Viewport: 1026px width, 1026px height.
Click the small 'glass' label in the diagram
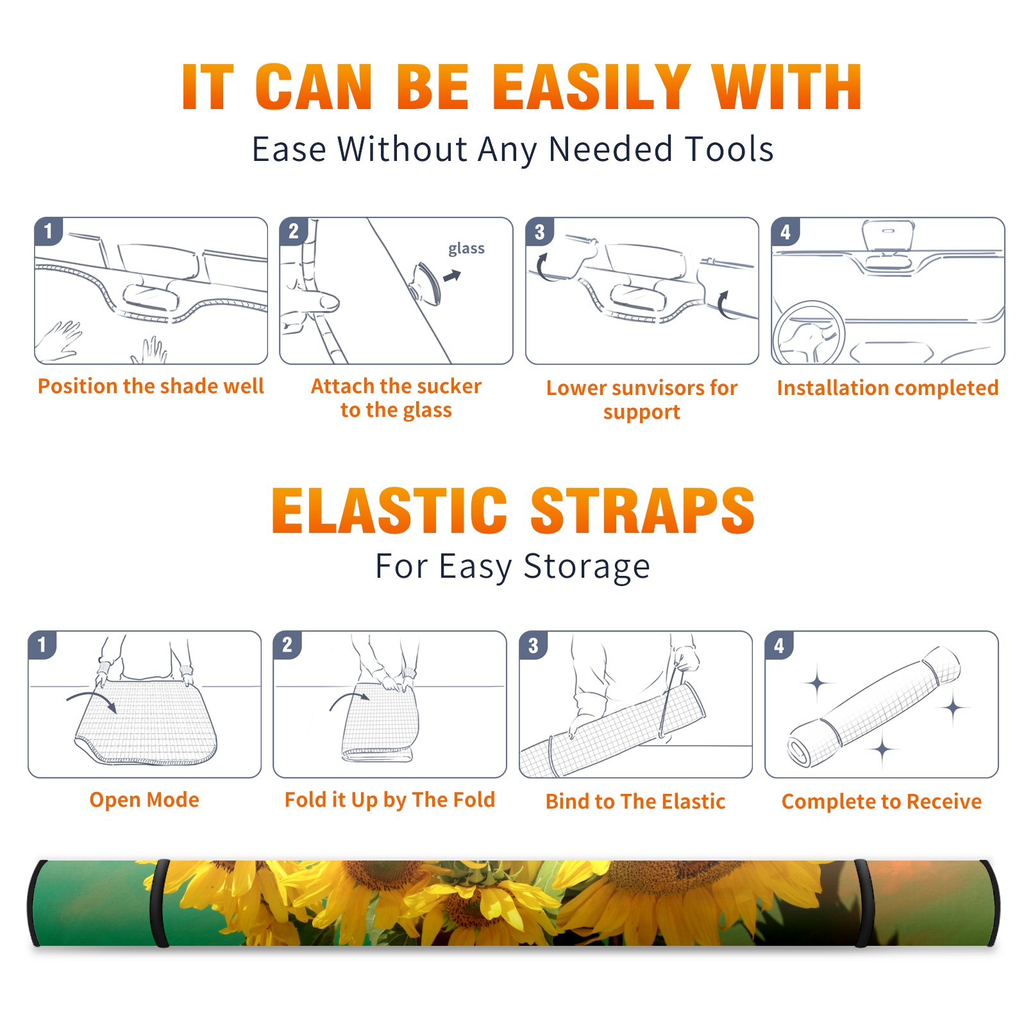466,249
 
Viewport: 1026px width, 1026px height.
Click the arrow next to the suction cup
452,276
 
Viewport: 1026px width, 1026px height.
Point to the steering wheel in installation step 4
809,332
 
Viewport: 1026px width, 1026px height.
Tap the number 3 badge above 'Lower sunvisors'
539,232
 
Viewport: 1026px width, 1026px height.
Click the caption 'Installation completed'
887,387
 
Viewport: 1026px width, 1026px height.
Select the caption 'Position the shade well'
151,386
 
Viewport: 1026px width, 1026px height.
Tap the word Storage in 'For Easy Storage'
587,567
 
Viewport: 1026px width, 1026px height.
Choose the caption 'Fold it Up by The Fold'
390,800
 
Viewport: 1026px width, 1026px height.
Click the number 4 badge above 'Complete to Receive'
779,646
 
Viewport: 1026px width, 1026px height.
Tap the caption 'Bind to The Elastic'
635,802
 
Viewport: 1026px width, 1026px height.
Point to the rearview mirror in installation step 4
887,235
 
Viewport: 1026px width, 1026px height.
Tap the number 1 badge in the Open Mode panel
42,645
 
